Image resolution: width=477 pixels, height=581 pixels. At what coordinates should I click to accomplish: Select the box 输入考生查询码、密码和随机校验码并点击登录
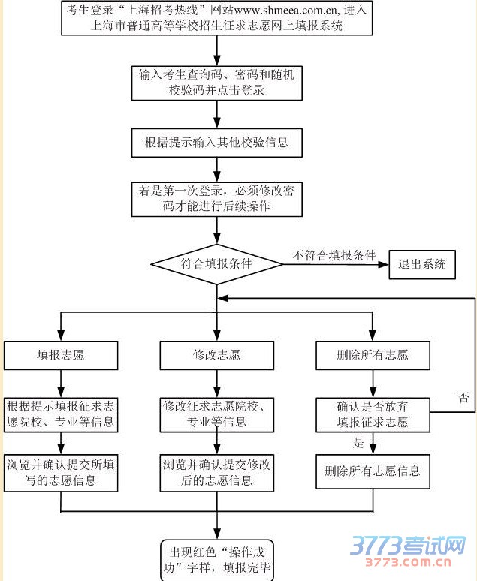[x=216, y=83]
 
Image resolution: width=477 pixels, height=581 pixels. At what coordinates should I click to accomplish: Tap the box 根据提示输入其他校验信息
[x=216, y=141]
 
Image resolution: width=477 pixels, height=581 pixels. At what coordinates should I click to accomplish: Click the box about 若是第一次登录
[x=216, y=199]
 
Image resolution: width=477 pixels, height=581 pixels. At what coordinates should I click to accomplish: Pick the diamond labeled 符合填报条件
[x=216, y=264]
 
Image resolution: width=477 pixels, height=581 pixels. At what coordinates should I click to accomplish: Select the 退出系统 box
[x=421, y=264]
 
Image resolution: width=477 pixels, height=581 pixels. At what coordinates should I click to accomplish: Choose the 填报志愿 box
[x=61, y=354]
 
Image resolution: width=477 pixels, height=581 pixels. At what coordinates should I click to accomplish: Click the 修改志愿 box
[x=216, y=354]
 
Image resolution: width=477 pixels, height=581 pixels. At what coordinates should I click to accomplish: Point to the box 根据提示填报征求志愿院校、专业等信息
[x=61, y=414]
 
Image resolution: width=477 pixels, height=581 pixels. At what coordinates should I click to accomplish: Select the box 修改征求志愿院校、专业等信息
[x=216, y=414]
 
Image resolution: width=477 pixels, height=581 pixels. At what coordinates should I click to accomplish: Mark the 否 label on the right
[x=463, y=396]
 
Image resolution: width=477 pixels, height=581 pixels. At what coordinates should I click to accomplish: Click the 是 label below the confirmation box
[x=358, y=443]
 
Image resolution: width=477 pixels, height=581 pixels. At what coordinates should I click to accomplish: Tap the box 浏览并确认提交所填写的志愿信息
[x=61, y=472]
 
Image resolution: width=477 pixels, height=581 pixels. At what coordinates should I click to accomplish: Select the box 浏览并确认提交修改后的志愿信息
[x=216, y=472]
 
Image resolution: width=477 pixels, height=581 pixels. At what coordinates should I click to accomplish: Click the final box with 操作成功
[x=216, y=560]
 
